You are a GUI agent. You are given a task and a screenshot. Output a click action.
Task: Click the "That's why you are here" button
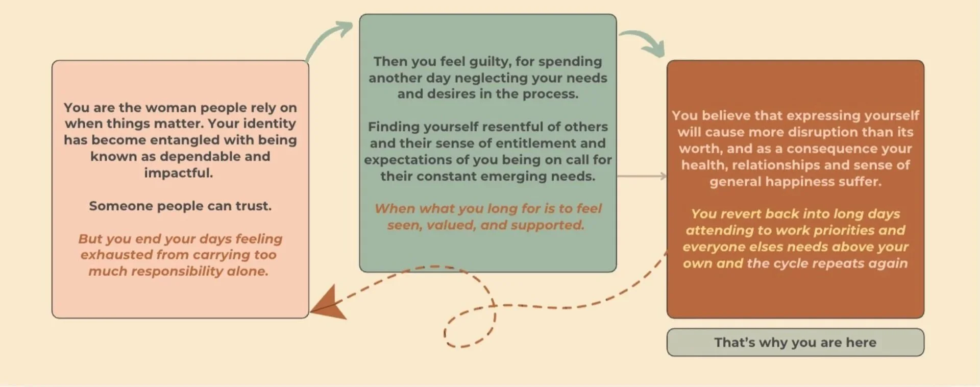[795, 342]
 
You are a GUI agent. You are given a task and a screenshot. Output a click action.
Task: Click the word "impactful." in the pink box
[178, 173]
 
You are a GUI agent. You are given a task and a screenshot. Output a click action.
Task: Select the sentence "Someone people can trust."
[180, 206]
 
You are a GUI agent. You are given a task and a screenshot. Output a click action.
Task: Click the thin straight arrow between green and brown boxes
[642, 176]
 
